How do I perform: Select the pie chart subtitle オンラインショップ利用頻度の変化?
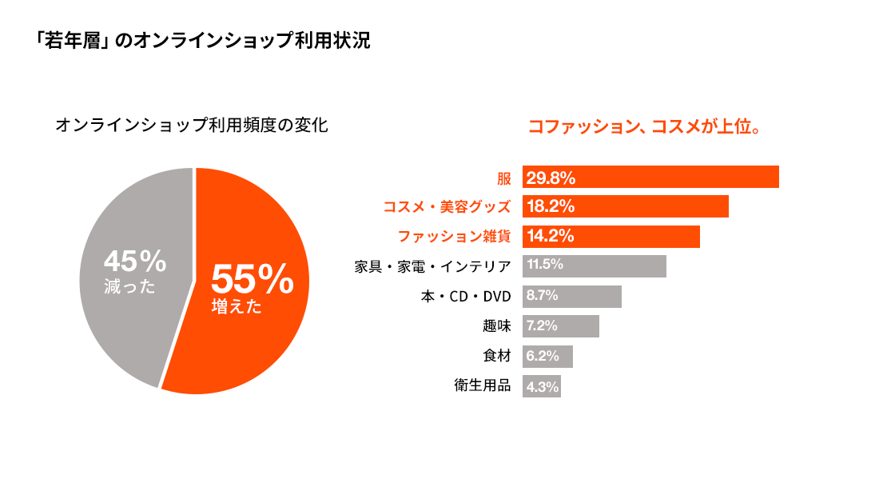tap(192, 126)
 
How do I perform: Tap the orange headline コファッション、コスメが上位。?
tap(643, 127)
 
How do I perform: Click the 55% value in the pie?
tap(253, 279)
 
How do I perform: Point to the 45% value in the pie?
tap(135, 261)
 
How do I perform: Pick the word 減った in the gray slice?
tap(129, 286)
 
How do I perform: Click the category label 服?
tap(503, 178)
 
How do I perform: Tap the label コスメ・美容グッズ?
tap(447, 206)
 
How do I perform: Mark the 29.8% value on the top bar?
tap(551, 178)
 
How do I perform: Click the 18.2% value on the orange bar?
tap(551, 206)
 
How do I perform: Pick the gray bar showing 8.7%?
tap(571, 297)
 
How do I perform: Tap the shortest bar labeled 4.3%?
tap(542, 387)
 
